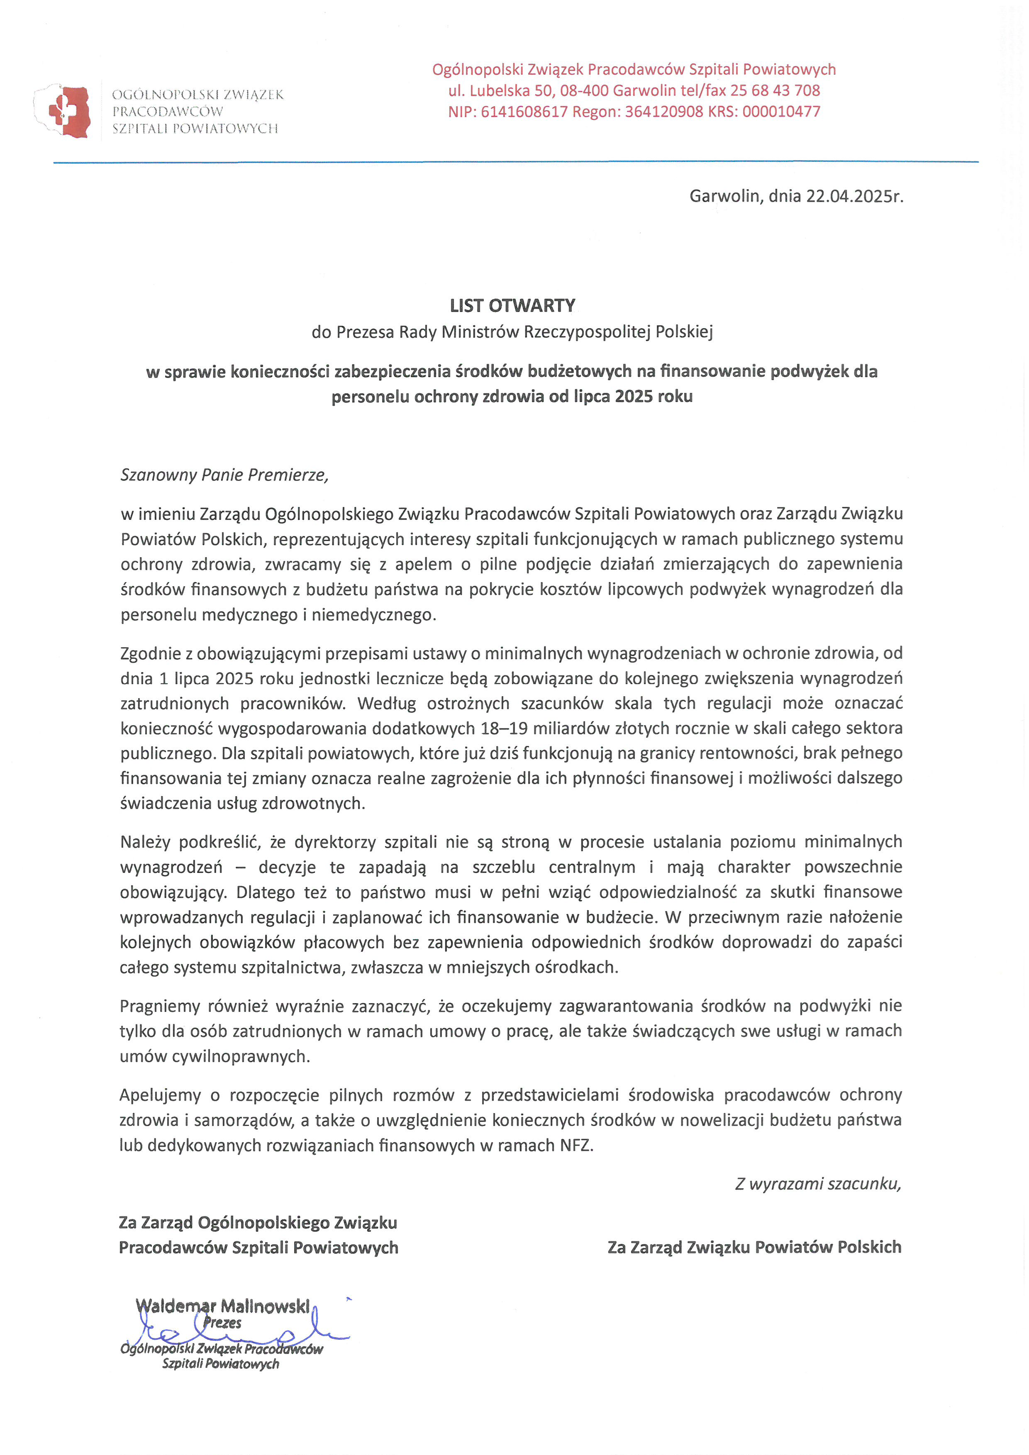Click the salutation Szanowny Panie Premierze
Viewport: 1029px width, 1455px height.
click(224, 475)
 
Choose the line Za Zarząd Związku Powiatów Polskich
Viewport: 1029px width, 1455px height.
click(754, 1247)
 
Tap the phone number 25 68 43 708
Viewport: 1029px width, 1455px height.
click(775, 90)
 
